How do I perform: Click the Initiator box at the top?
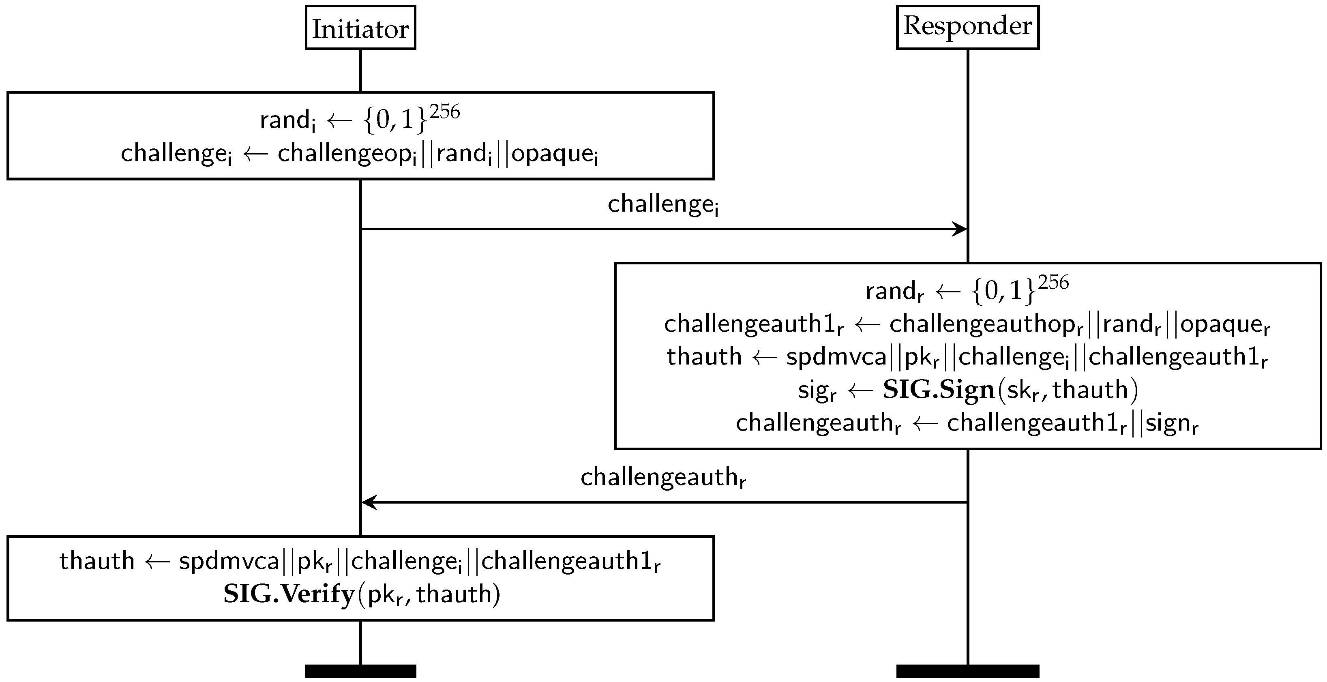pyautogui.click(x=360, y=28)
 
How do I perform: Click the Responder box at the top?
pyautogui.click(x=967, y=27)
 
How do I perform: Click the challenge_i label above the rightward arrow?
pyautogui.click(x=663, y=204)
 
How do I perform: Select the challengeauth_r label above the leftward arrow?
pyautogui.click(x=663, y=478)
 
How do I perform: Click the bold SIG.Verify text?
pyautogui.click(x=289, y=594)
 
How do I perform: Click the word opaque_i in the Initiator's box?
pyautogui.click(x=555, y=154)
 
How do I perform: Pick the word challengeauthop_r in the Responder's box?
pyautogui.click(x=986, y=324)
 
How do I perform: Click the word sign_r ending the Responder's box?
pyautogui.click(x=1172, y=423)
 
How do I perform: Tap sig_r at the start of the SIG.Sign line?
pyautogui.click(x=817, y=390)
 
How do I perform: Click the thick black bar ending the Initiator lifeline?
pyautogui.click(x=360, y=671)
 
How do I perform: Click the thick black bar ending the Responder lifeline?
pyautogui.click(x=967, y=671)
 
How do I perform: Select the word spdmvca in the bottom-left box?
pyautogui.click(x=229, y=561)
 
